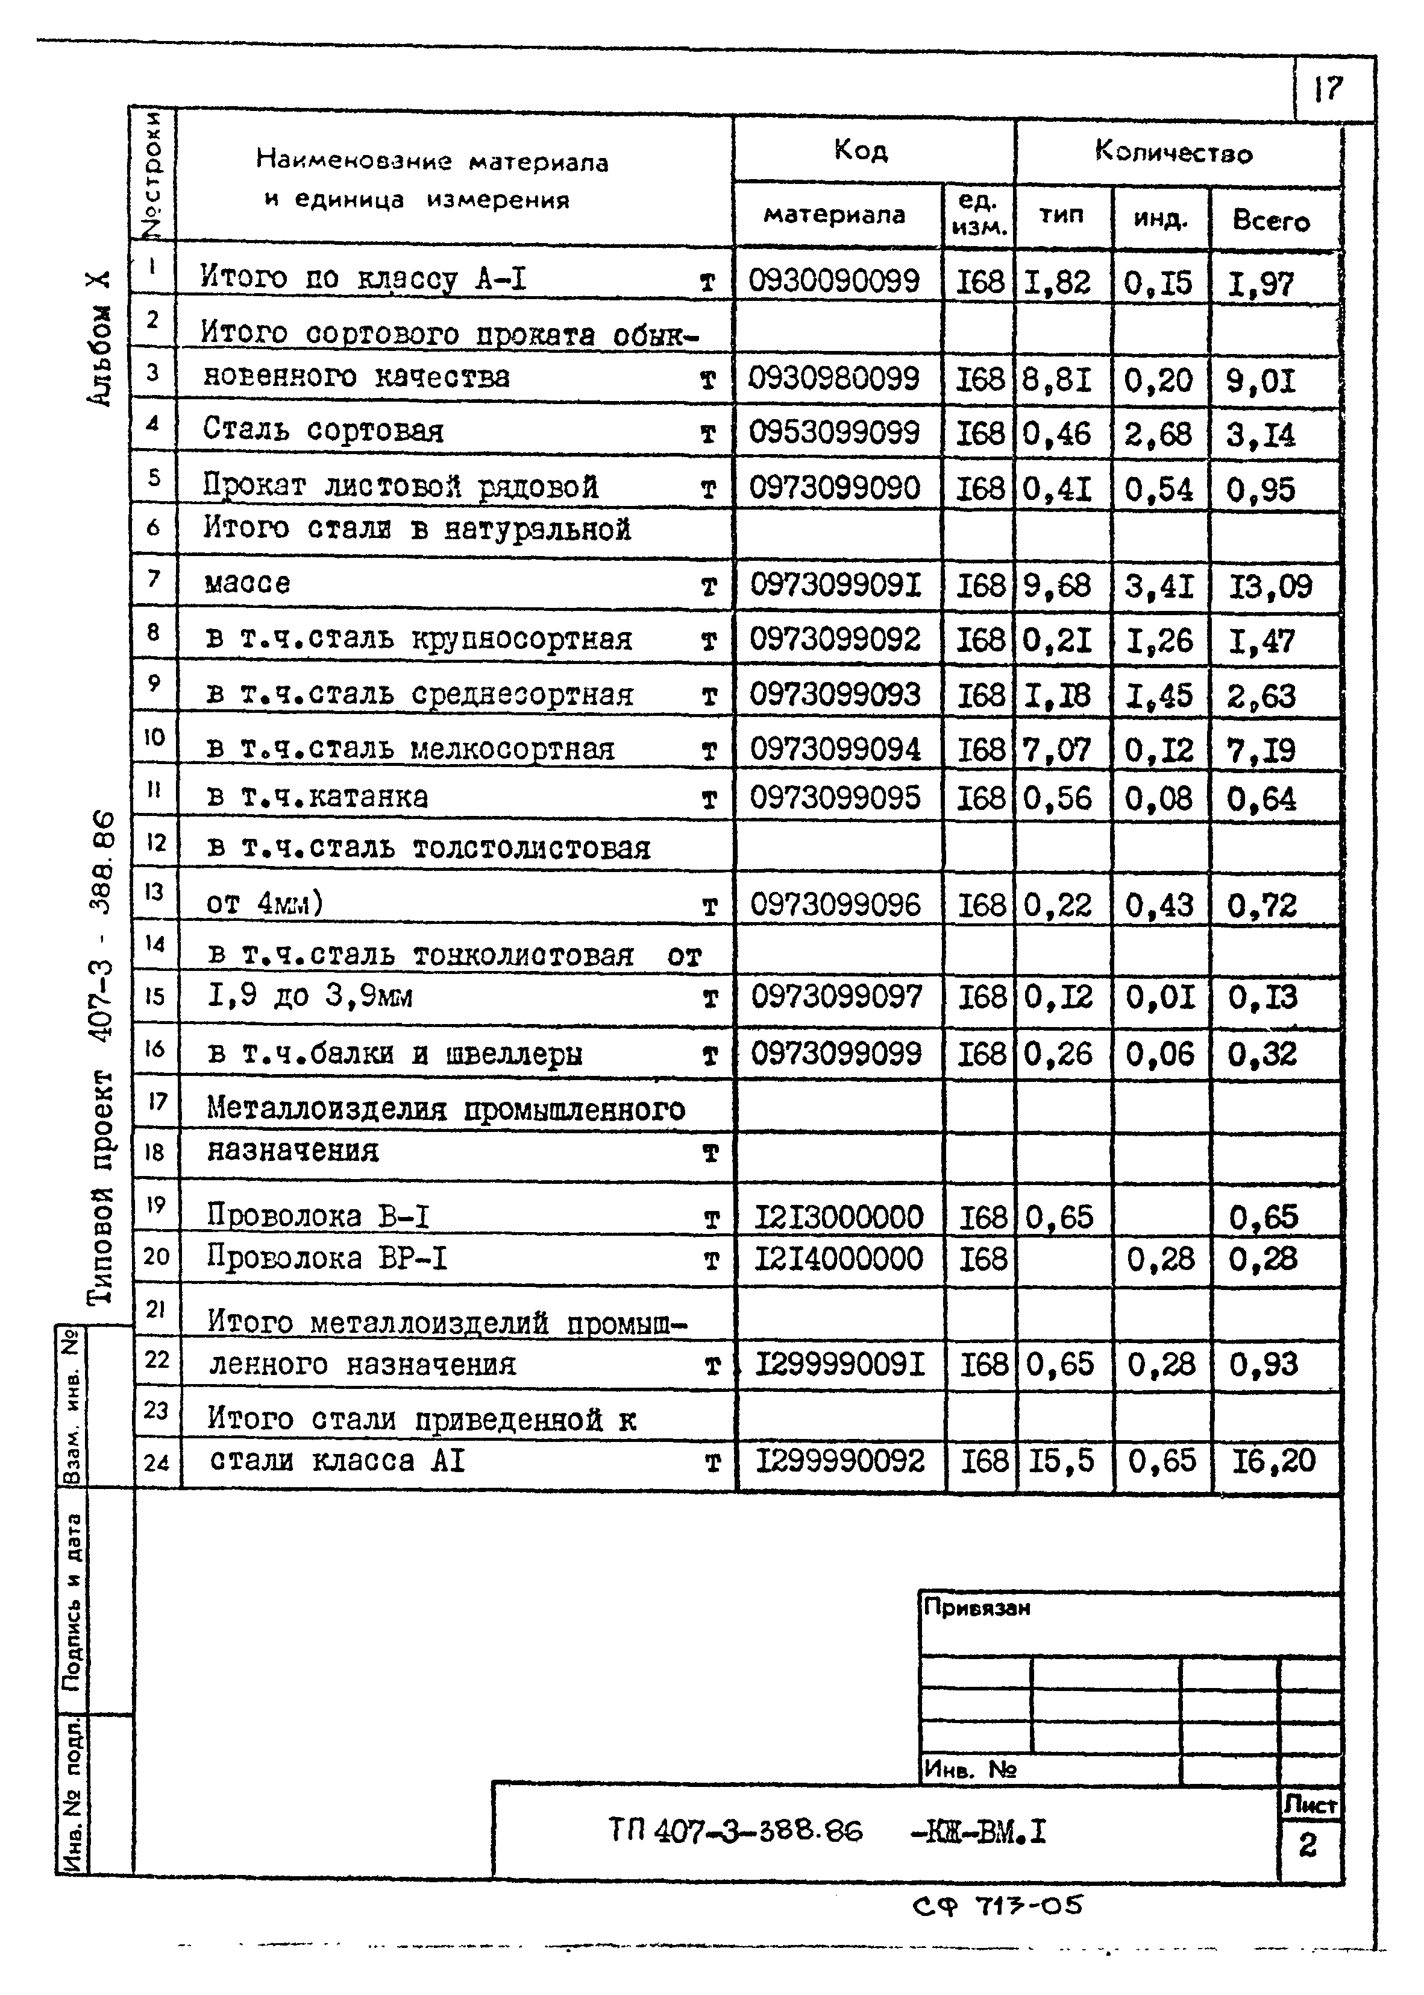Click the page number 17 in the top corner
[x=1328, y=89]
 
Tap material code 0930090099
[x=834, y=281]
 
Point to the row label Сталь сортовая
[x=322, y=430]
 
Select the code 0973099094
[x=835, y=749]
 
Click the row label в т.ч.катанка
[x=318, y=797]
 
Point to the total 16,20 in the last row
[x=1273, y=1460]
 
